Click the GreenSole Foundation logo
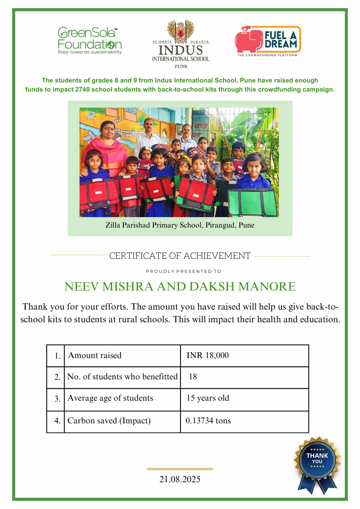(89, 40)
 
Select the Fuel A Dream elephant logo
(248, 39)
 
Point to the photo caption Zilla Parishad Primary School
(180, 225)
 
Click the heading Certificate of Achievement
(180, 256)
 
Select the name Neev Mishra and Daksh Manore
(180, 286)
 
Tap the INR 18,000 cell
(208, 355)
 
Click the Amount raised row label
(95, 355)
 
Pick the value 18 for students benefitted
(193, 377)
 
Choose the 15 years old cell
(208, 398)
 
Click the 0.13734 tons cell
(208, 421)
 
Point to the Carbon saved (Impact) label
(109, 421)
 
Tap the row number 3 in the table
(58, 399)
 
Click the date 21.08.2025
(180, 479)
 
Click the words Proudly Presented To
(184, 271)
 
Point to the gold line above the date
(180, 469)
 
